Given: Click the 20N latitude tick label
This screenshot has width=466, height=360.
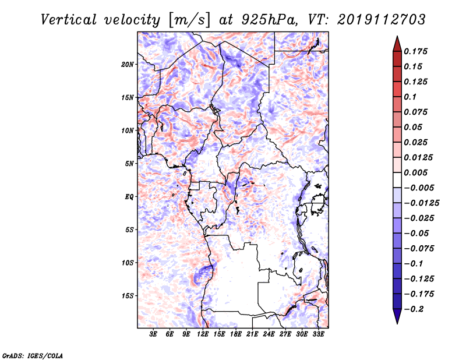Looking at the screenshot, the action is click(128, 64).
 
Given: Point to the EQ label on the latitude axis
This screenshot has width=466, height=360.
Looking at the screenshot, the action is click(129, 197).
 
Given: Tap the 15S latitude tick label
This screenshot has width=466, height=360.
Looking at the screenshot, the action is click(128, 296).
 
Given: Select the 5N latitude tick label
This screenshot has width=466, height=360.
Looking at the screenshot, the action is click(129, 164).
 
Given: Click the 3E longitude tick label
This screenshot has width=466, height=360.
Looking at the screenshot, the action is click(153, 334).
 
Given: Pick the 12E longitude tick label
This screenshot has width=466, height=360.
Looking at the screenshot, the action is click(203, 334).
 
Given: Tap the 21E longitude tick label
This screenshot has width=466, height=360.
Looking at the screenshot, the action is click(252, 334).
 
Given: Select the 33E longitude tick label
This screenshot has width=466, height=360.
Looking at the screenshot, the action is click(318, 334).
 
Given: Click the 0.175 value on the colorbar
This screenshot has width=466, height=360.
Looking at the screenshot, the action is click(415, 51).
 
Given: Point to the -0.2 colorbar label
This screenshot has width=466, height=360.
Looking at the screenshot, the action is click(414, 309).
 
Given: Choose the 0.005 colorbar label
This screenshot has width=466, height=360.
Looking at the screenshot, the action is click(415, 172).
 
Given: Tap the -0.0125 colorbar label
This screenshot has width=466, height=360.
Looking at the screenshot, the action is click(421, 203).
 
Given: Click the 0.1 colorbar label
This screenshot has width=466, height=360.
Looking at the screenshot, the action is click(410, 97).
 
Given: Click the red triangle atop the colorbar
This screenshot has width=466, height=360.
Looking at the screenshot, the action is click(397, 44).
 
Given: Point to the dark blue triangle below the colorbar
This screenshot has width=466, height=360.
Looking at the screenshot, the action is click(397, 316).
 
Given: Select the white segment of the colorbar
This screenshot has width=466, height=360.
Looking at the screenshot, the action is click(397, 180).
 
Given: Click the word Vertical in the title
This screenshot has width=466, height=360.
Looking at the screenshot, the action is click(69, 20).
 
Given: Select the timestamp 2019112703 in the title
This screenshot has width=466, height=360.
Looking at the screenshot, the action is click(382, 20).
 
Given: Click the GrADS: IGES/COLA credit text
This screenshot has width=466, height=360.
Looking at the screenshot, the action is click(33, 355).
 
